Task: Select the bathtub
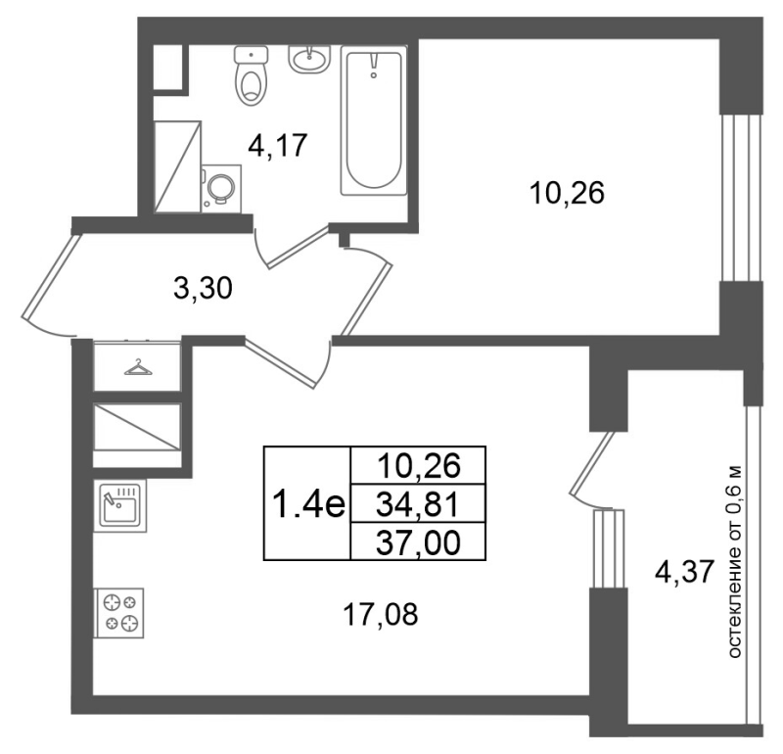tap(373, 122)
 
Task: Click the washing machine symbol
tap(221, 186)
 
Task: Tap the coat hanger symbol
tap(137, 367)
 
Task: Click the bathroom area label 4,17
tap(278, 147)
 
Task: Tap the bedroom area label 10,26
tap(567, 194)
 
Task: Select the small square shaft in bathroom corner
tap(170, 68)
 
